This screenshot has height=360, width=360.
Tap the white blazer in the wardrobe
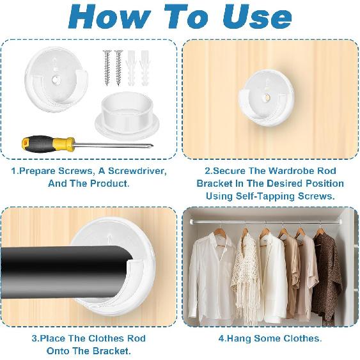coord(272,275)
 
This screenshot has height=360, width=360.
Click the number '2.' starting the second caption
coord(208,171)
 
